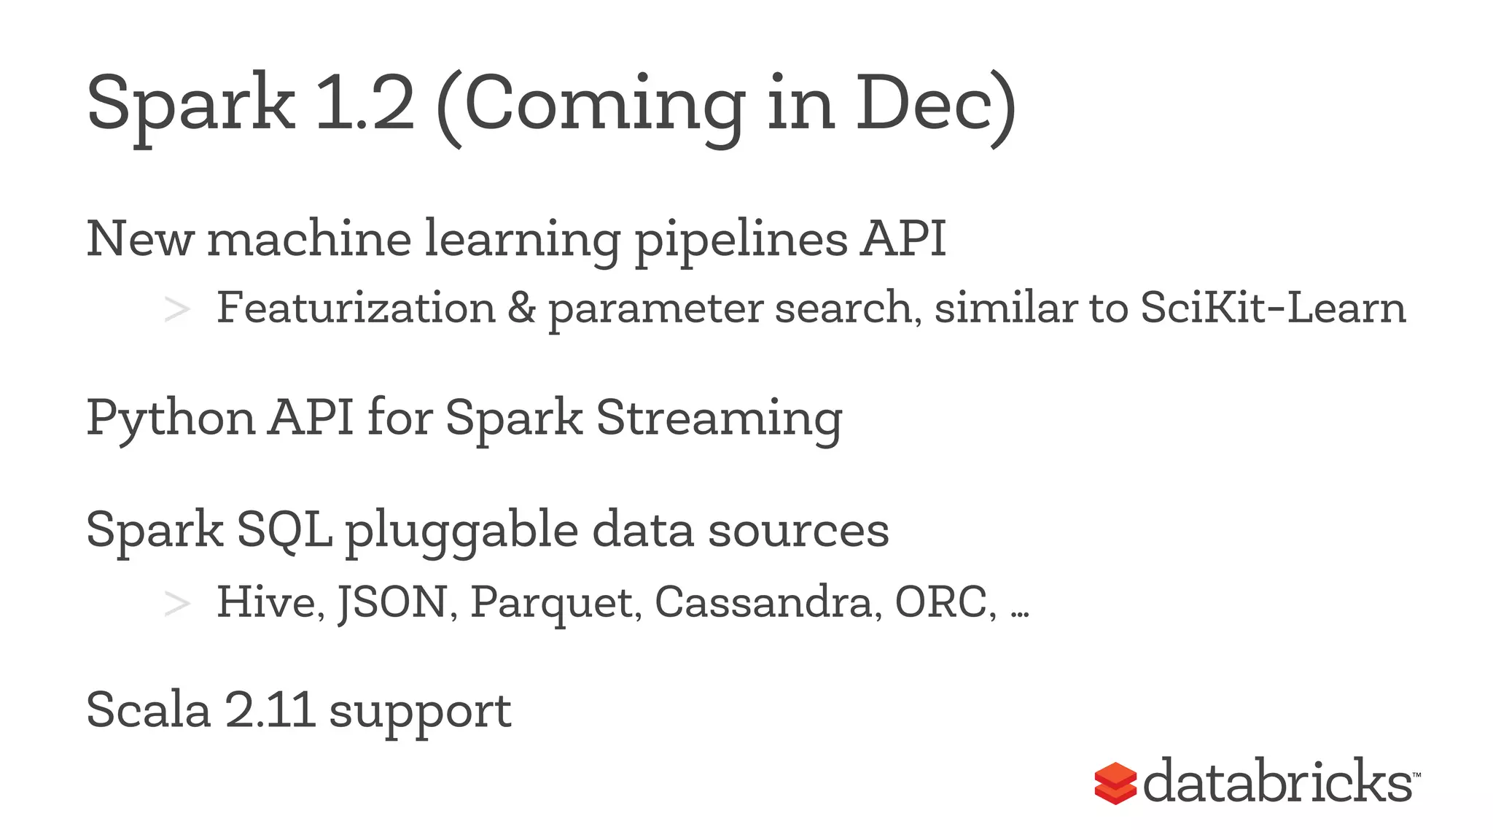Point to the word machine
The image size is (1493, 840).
coord(309,238)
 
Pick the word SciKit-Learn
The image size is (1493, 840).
coord(1273,308)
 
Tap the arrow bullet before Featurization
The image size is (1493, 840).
coord(177,309)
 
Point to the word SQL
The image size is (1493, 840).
coord(284,530)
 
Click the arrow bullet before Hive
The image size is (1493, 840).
coord(177,604)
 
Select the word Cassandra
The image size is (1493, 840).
coord(763,602)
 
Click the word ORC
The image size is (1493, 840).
coord(941,602)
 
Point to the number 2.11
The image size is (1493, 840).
coord(270,709)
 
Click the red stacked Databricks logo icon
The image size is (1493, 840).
coord(1115,783)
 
